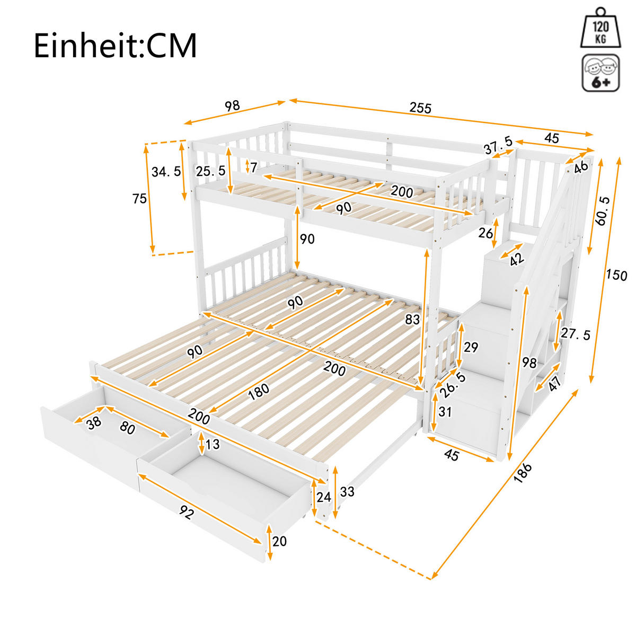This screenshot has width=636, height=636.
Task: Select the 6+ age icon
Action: (600, 73)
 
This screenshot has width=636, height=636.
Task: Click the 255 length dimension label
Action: (421, 108)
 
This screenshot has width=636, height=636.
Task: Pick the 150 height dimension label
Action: (616, 275)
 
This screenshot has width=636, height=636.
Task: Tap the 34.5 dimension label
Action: (166, 171)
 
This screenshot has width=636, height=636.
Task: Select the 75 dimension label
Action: (140, 199)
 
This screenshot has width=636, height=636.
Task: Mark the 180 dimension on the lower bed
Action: (258, 391)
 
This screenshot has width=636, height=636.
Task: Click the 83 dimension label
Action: (412, 320)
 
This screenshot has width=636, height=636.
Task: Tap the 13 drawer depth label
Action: (212, 444)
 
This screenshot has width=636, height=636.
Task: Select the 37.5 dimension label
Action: (498, 143)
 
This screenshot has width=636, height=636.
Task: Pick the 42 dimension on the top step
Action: (516, 259)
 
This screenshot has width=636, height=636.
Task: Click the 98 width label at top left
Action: (232, 105)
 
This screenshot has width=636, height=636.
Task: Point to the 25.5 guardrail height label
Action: (210, 171)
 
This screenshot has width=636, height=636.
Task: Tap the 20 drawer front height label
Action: (279, 541)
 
